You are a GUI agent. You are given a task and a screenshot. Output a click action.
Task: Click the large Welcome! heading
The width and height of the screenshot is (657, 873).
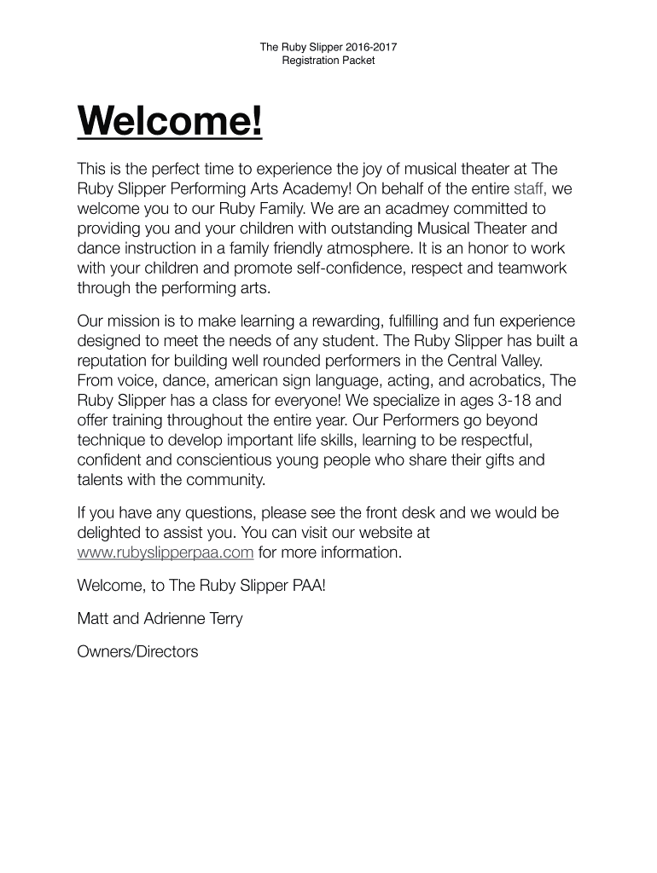170,124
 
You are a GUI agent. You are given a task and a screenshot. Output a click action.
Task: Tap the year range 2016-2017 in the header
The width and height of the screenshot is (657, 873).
365,48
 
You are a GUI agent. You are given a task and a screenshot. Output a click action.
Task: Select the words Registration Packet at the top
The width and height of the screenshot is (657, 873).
328,61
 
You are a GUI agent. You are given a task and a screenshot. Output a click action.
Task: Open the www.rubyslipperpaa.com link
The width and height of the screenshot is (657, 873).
165,552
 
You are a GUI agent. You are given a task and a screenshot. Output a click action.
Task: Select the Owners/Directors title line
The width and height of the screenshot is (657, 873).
137,652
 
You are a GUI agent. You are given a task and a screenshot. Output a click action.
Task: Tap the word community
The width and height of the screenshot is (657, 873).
228,480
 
